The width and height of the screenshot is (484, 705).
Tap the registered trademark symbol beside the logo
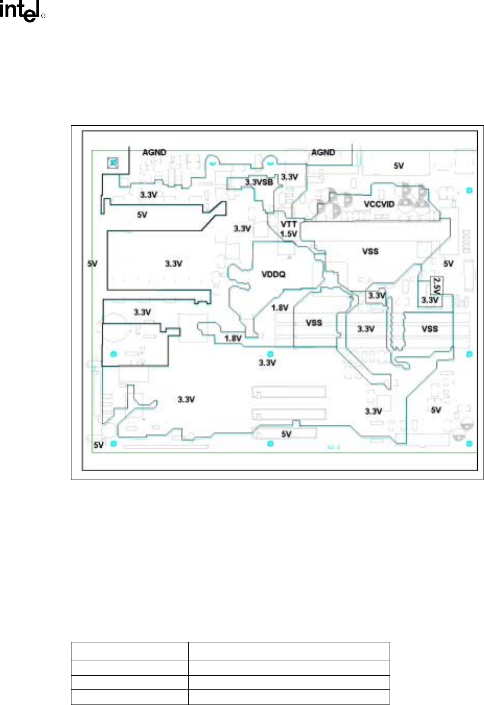click(x=43, y=16)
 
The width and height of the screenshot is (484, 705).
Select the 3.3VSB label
click(x=259, y=183)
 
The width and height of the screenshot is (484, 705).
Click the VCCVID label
click(x=379, y=204)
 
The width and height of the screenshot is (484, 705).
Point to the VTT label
click(x=288, y=224)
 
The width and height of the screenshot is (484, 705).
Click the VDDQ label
click(x=273, y=274)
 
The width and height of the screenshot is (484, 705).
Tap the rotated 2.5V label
click(x=437, y=286)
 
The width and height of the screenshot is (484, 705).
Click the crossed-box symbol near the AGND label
click(x=113, y=163)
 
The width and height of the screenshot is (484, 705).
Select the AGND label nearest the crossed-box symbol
click(x=154, y=152)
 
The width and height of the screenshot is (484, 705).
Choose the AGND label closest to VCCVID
click(x=323, y=152)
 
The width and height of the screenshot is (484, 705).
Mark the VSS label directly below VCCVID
click(x=370, y=251)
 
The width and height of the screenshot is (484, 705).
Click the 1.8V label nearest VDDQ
click(x=280, y=308)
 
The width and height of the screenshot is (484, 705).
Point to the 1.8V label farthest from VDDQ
click(x=233, y=338)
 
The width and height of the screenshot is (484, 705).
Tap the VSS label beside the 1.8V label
click(x=313, y=323)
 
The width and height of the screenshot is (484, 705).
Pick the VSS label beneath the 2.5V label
click(x=430, y=329)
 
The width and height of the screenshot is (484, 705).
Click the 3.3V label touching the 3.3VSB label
click(x=289, y=177)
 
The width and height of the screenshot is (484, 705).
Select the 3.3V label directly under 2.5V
click(x=430, y=300)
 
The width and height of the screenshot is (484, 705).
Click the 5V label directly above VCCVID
click(x=398, y=165)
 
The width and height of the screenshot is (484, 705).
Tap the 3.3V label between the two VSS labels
click(x=366, y=329)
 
